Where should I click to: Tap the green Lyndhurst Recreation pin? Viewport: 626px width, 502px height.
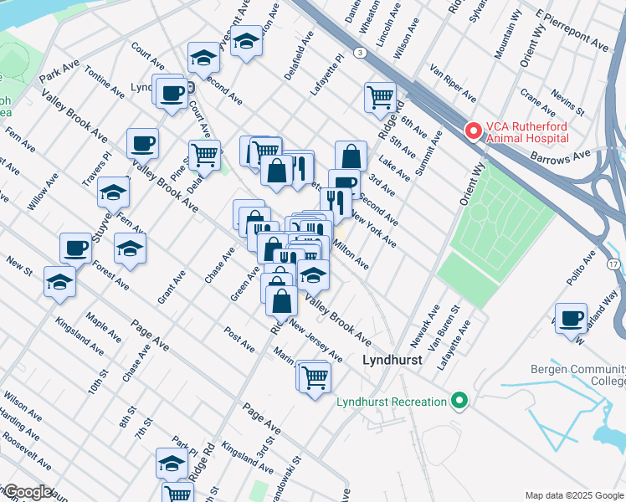[458, 402]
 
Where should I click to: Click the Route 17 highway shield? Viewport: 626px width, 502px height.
[614, 264]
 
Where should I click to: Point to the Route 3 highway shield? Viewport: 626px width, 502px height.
[360, 53]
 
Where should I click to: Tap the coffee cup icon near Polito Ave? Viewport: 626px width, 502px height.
[572, 318]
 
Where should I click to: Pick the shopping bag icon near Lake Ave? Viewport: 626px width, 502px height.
[351, 156]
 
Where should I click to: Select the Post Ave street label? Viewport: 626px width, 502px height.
[239, 338]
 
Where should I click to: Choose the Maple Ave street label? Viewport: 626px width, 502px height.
[104, 328]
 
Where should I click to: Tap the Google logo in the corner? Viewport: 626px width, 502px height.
[28, 492]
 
